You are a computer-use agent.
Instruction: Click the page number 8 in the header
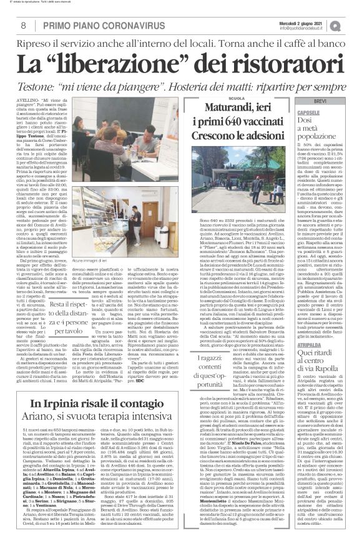pos(23,26)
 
